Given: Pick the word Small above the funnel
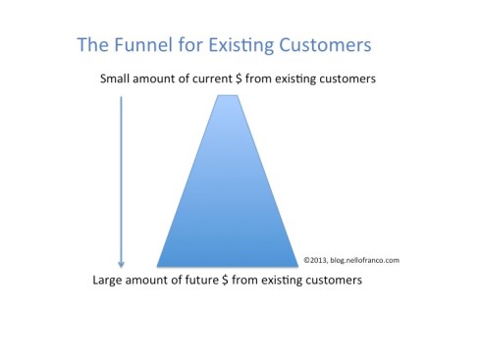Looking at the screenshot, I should (117, 78).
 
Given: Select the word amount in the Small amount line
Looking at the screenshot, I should (162, 78).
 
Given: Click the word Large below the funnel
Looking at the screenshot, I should (109, 281).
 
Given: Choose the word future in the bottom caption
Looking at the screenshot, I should (215, 281).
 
